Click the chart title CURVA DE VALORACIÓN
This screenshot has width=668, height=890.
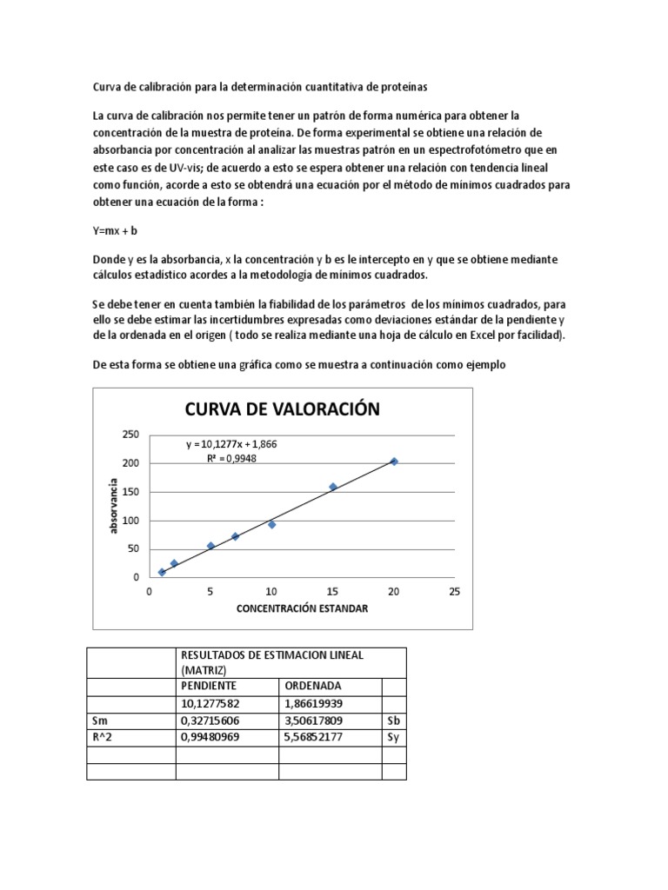[x=280, y=409]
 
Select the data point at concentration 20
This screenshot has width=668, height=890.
[x=394, y=462]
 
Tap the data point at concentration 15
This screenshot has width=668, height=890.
[x=333, y=487]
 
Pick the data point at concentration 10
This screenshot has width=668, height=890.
[x=272, y=524]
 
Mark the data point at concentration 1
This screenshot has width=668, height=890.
[x=162, y=572]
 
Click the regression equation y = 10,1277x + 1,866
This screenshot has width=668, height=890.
[x=231, y=444]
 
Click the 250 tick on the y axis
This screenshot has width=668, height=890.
[x=130, y=435]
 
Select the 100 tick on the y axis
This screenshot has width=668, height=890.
[x=130, y=521]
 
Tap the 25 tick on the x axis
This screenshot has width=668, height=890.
[x=454, y=591]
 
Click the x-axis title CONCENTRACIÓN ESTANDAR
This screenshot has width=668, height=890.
[x=302, y=608]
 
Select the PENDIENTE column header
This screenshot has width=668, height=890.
[x=209, y=686]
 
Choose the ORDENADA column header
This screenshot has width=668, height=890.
[x=310, y=686]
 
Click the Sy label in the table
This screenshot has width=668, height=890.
[x=393, y=738]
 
